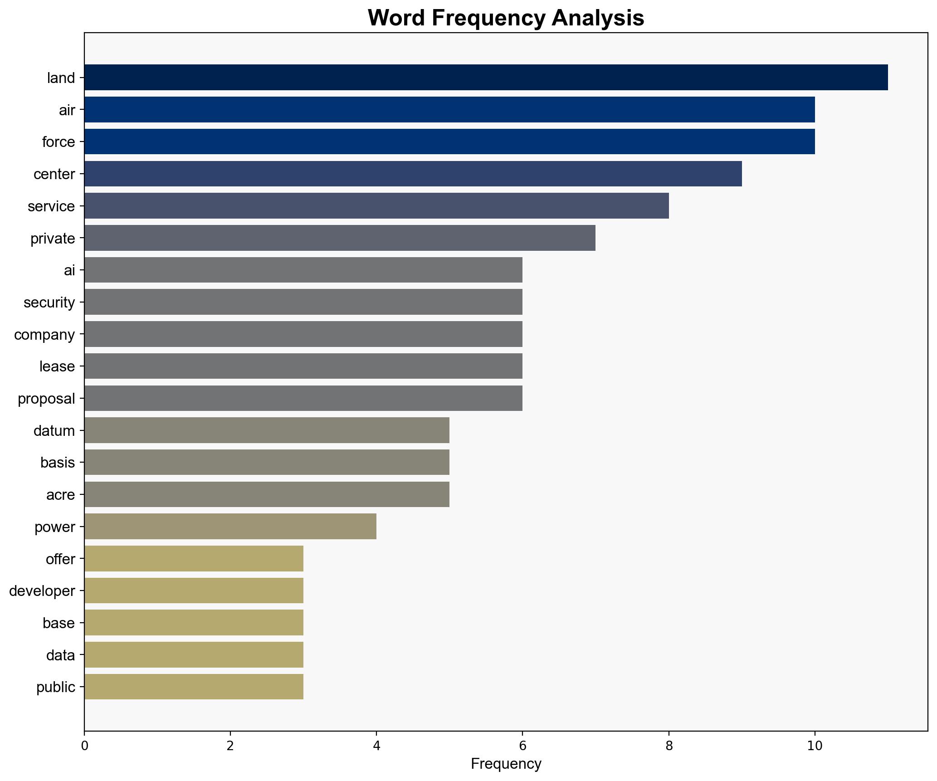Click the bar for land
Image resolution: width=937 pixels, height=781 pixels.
485,78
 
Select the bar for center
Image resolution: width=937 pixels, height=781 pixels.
413,174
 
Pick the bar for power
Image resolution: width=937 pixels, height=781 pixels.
230,527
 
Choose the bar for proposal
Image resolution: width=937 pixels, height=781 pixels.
303,398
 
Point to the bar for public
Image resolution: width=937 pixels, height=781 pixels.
194,687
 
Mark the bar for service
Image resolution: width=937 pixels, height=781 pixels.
376,206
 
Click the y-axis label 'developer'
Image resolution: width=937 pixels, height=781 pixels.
42,591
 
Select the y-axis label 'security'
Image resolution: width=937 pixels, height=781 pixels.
49,302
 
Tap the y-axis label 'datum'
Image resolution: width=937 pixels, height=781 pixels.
54,430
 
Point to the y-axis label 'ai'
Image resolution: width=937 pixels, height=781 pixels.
69,270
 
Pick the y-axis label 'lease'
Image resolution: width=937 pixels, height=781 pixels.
57,366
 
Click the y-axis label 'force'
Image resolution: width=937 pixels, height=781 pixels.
58,142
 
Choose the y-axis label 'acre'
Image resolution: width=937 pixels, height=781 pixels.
60,494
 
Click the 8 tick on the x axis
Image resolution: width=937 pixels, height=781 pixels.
669,746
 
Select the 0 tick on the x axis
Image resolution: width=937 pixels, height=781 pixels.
84,746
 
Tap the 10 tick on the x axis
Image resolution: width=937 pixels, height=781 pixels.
815,746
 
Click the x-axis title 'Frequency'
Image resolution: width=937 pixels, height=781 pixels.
506,764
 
